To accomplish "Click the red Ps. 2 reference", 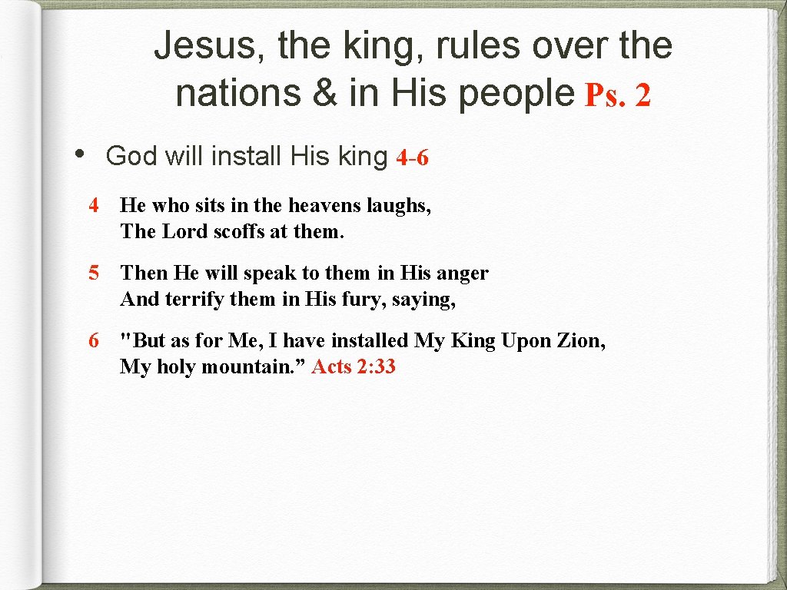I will [618, 95].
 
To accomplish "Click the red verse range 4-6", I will [412, 157].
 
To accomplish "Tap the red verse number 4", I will [94, 205].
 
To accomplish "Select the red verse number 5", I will [94, 273].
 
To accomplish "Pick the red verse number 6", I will [94, 340].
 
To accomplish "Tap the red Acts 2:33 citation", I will [354, 366].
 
